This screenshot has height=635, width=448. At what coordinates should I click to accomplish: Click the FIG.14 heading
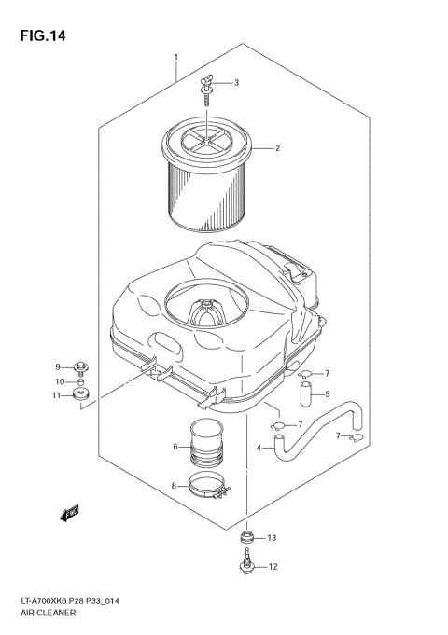click(42, 36)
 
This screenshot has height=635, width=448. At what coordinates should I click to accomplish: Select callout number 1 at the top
click(175, 58)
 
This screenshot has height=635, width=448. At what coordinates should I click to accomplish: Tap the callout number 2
click(277, 147)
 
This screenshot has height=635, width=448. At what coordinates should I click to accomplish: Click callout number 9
click(57, 366)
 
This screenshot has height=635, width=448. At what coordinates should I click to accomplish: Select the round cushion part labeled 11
click(81, 398)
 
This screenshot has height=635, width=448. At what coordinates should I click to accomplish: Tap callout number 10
click(57, 381)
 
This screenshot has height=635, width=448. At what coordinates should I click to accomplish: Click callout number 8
click(175, 485)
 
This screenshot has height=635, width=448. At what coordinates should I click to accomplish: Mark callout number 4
click(259, 448)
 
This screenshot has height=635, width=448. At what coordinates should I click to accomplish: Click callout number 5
click(327, 394)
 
